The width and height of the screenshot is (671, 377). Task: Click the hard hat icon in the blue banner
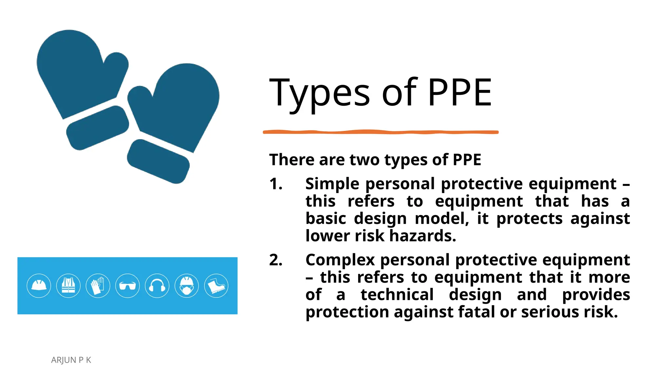(x=39, y=286)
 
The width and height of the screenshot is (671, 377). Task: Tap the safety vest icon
(x=68, y=286)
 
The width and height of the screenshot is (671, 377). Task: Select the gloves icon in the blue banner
(x=98, y=286)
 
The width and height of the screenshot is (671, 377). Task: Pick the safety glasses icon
(x=127, y=286)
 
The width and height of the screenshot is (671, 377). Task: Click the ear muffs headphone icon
(x=157, y=286)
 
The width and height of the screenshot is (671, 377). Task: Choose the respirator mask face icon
(x=187, y=286)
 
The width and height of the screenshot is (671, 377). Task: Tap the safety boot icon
(x=216, y=286)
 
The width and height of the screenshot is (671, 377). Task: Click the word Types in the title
(x=319, y=93)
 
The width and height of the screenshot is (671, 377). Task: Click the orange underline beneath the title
(x=380, y=132)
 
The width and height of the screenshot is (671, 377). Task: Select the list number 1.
(x=276, y=184)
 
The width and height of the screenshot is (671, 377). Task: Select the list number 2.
(x=276, y=260)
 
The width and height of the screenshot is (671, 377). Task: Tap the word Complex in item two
(x=340, y=260)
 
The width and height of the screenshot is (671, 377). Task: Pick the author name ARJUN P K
(x=71, y=360)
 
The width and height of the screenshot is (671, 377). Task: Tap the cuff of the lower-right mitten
(x=158, y=161)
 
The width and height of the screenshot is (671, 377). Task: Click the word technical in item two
(x=397, y=295)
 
